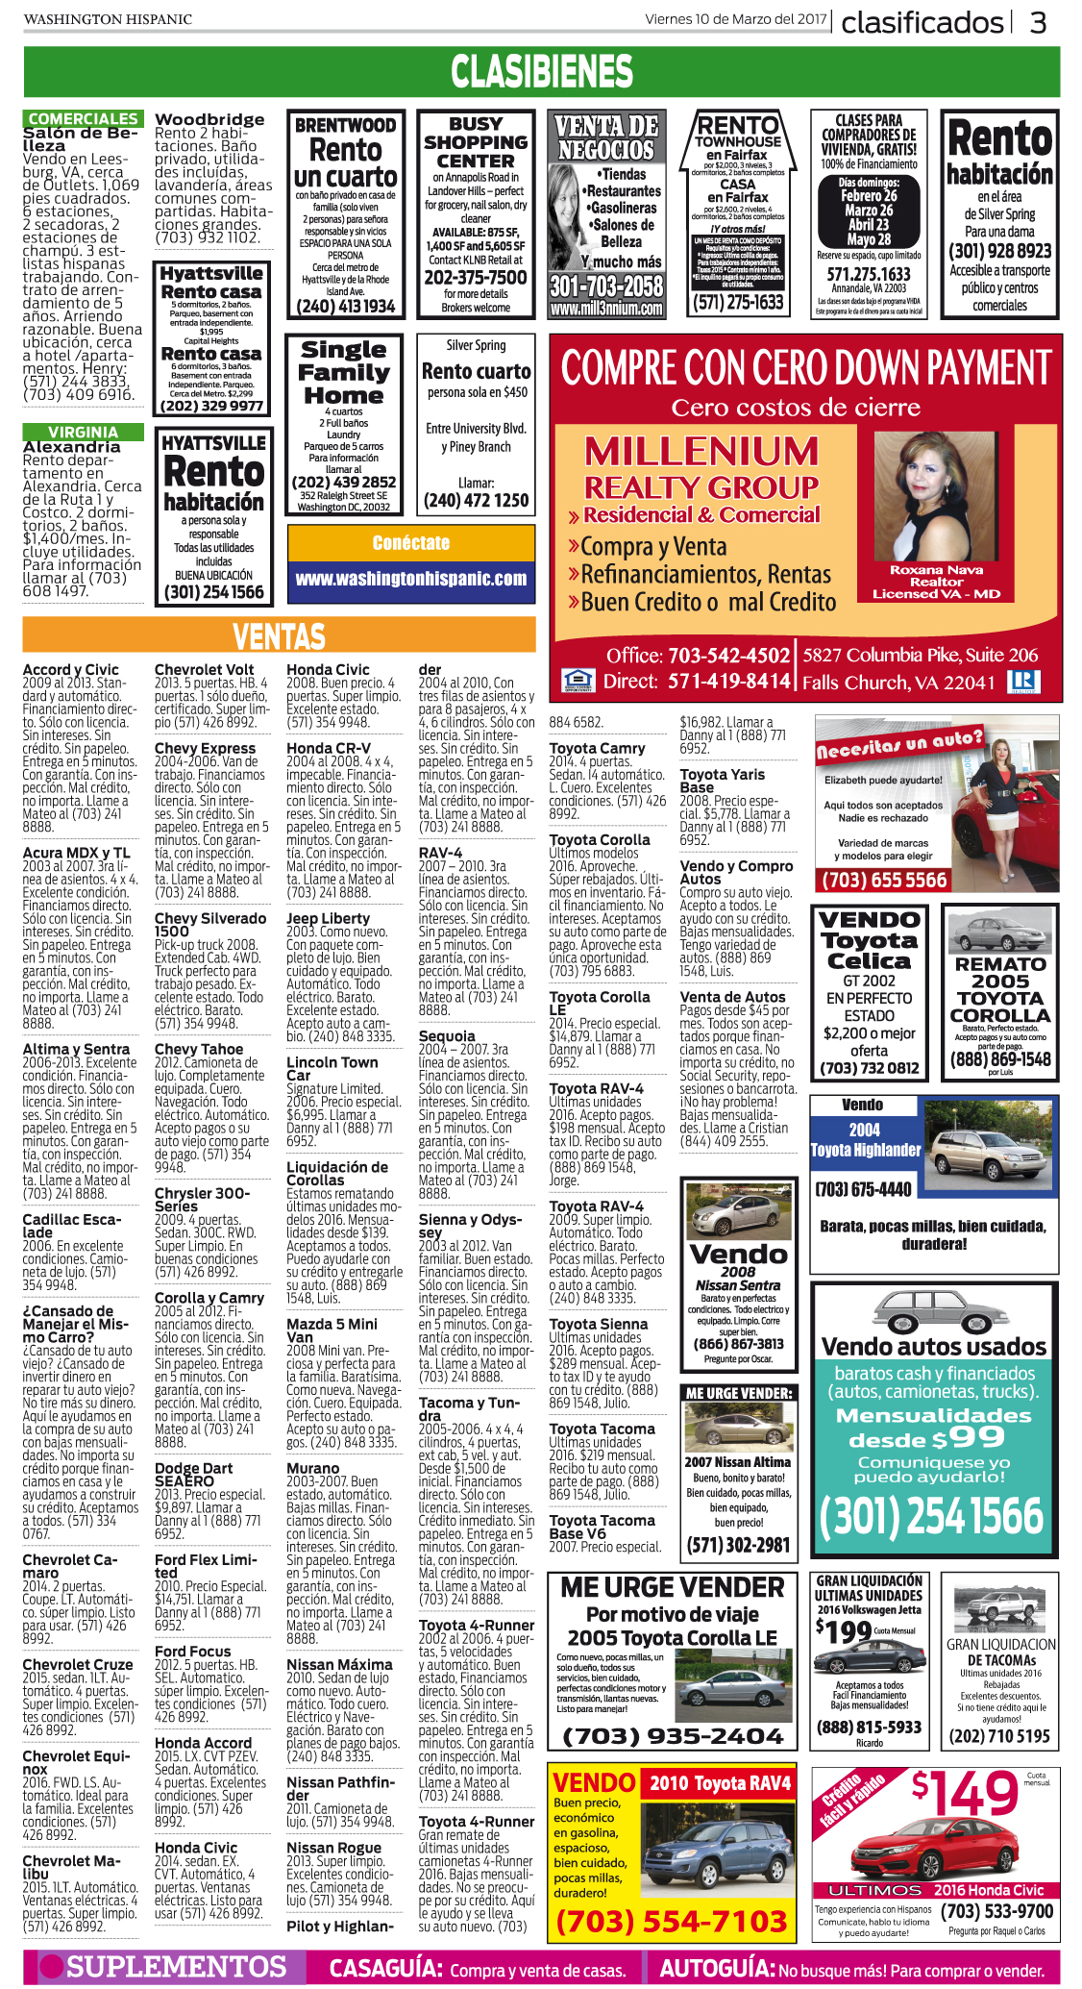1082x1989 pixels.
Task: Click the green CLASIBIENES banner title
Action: [541, 72]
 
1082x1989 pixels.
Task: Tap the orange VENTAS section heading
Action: [279, 635]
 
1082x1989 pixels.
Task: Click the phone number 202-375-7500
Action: [476, 278]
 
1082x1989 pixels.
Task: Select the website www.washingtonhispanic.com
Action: [411, 579]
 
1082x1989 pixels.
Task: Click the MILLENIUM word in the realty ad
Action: [701, 452]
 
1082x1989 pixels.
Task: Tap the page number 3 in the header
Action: [1039, 22]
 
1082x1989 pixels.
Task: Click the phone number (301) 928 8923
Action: [999, 251]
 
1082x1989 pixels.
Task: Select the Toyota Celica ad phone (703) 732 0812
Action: [869, 1068]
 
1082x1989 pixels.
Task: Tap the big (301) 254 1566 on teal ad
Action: [930, 1516]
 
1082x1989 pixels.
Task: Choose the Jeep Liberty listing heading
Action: [328, 918]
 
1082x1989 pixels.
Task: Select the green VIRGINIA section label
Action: [83, 433]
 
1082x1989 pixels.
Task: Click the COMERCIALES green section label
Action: [83, 118]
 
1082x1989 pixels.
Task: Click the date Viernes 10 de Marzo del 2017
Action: [735, 19]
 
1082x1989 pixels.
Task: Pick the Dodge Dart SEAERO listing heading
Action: [193, 1475]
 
